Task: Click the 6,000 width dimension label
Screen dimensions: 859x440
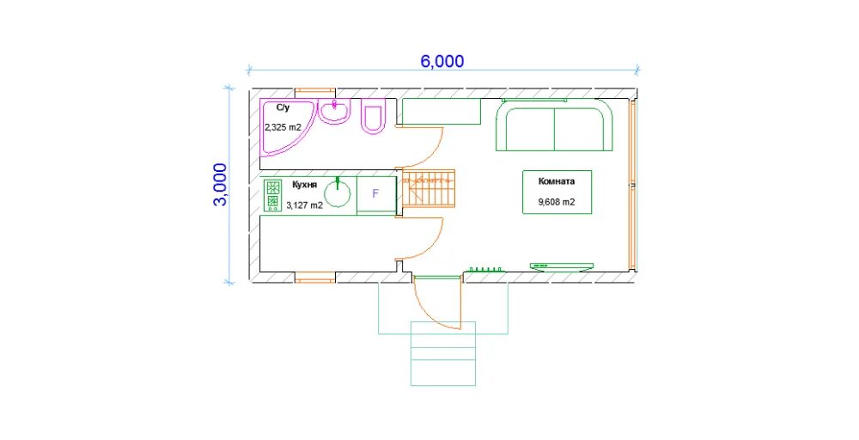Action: pyautogui.click(x=442, y=61)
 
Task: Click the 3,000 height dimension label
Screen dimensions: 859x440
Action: pyautogui.click(x=220, y=184)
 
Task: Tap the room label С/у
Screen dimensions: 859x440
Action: pyautogui.click(x=283, y=108)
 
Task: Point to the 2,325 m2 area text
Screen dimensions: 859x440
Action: pyautogui.click(x=283, y=127)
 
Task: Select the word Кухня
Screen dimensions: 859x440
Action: pyautogui.click(x=305, y=186)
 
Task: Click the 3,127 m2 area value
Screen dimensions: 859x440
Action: pyautogui.click(x=305, y=206)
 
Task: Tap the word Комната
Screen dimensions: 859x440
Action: pyautogui.click(x=557, y=181)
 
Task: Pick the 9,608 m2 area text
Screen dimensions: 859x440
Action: pyautogui.click(x=557, y=202)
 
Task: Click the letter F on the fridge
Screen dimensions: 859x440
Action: pyautogui.click(x=375, y=194)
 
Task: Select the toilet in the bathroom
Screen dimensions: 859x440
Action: pyautogui.click(x=374, y=116)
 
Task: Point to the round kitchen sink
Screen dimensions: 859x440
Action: pyautogui.click(x=338, y=192)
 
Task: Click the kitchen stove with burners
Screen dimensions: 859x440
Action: pyautogui.click(x=272, y=196)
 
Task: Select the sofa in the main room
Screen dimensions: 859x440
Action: pyautogui.click(x=554, y=125)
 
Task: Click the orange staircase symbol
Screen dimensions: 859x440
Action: pyautogui.click(x=429, y=188)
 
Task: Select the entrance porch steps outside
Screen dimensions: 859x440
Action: pyautogui.click(x=443, y=353)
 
